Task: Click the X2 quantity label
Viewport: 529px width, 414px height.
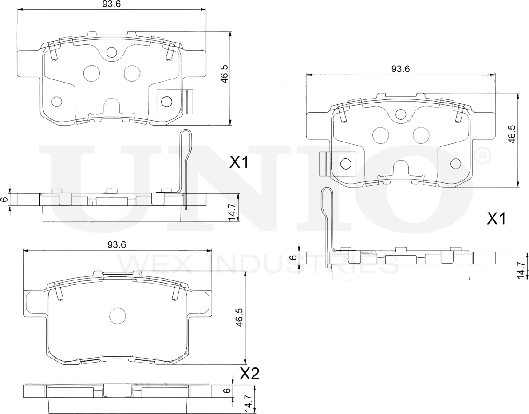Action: [x=249, y=374]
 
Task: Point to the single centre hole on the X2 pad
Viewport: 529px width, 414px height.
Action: [x=118, y=316]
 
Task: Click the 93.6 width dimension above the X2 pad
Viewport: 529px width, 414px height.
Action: [x=117, y=245]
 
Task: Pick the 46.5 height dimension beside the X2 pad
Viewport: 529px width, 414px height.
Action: [x=239, y=318]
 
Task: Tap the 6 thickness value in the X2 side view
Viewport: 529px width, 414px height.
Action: [x=228, y=390]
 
